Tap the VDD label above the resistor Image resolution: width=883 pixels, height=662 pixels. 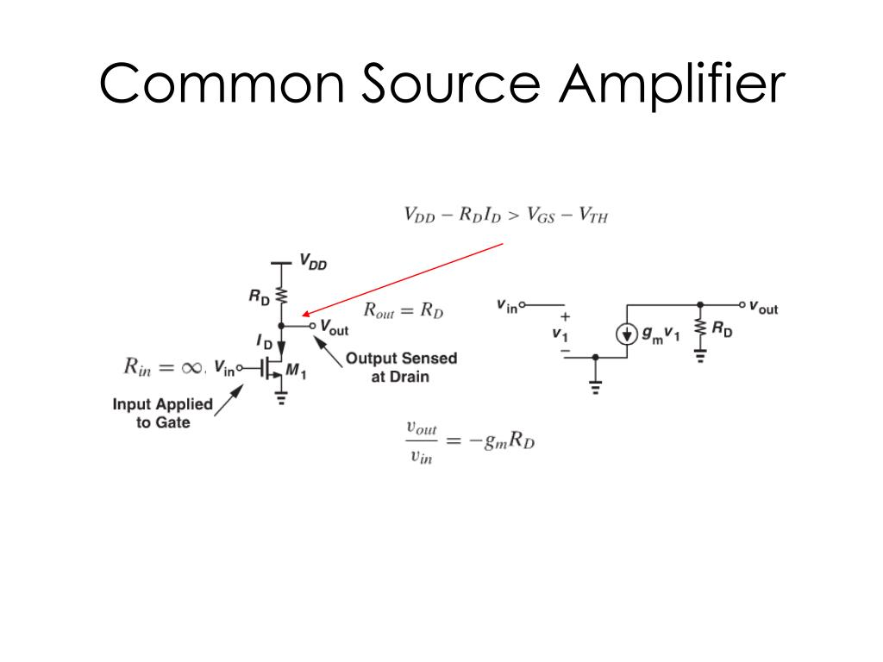click(x=312, y=262)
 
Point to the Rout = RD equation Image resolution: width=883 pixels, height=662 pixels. click(x=404, y=311)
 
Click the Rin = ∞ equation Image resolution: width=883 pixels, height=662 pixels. click(x=161, y=368)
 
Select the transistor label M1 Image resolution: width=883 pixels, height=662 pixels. click(x=296, y=371)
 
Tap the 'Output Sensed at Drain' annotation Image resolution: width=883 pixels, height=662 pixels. click(x=401, y=366)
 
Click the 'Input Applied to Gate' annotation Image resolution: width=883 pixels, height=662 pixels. click(x=162, y=413)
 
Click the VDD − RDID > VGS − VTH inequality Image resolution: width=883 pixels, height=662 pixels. click(x=506, y=215)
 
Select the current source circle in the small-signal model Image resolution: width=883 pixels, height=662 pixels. click(x=627, y=334)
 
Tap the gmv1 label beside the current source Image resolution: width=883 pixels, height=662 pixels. click(x=661, y=334)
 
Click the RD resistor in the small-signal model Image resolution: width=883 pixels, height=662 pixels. click(x=699, y=328)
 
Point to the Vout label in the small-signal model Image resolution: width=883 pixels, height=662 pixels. click(x=763, y=307)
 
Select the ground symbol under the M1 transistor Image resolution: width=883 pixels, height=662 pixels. click(x=280, y=397)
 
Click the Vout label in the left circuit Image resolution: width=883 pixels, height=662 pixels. click(x=334, y=327)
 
